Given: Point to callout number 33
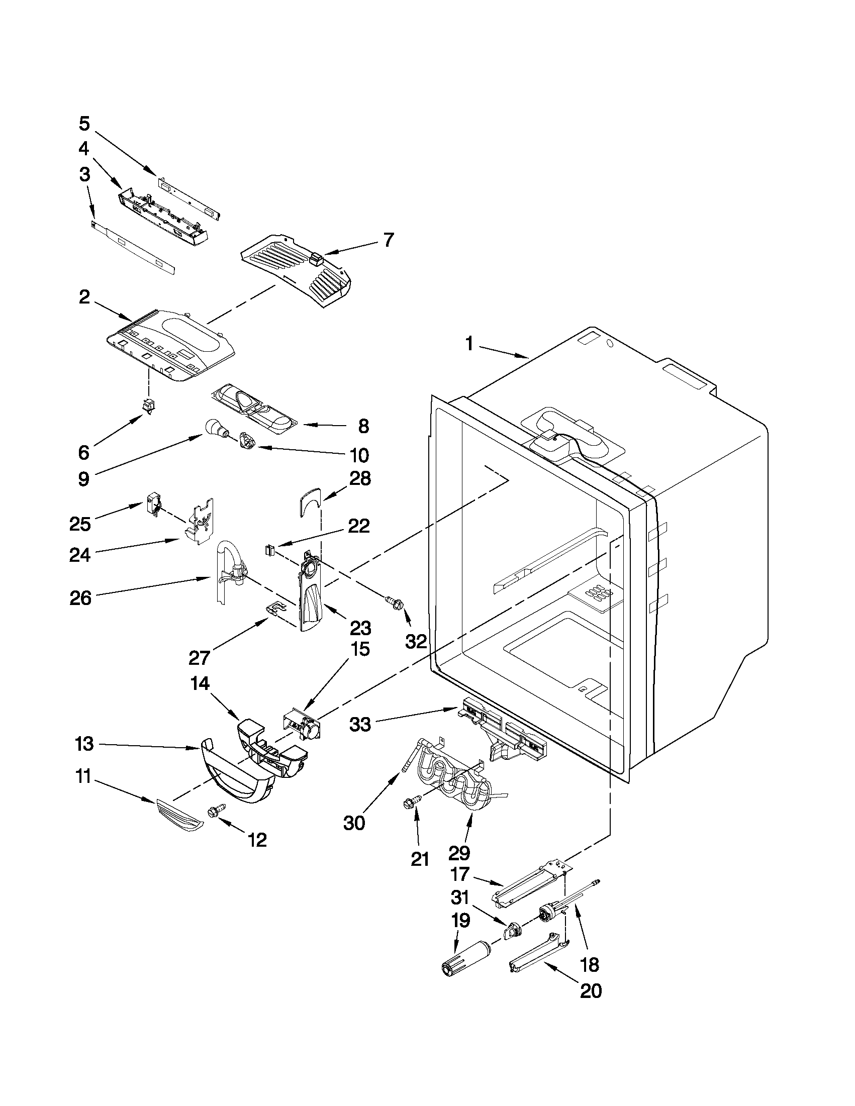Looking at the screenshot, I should point(360,725).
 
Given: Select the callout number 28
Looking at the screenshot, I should point(359,478).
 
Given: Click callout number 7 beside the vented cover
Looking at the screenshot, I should point(388,240).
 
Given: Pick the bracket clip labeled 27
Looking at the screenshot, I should point(275,608).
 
